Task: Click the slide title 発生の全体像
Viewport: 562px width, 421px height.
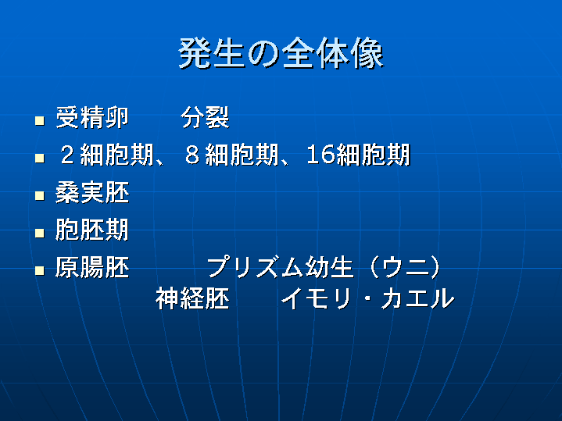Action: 281,54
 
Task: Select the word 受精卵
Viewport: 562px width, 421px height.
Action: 92,117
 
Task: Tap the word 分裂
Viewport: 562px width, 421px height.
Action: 205,117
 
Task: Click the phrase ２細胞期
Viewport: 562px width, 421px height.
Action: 107,155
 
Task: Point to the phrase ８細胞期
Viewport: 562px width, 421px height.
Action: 232,155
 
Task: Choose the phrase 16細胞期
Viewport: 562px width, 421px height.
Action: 359,155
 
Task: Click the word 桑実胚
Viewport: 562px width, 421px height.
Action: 92,193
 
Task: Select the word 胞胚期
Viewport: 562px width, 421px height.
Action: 92,230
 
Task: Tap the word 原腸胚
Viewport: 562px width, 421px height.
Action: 92,267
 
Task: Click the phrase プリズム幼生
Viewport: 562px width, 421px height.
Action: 281,267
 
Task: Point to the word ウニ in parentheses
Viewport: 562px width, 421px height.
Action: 405,267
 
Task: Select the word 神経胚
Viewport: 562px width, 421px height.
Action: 192,298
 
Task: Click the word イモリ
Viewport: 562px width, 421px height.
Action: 316,298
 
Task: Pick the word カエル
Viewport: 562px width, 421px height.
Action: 418,298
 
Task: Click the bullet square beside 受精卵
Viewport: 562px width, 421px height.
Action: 40,121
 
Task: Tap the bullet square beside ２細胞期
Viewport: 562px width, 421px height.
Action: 40,159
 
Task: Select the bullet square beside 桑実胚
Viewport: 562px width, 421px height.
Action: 40,195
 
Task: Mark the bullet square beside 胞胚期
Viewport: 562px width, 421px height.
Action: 40,234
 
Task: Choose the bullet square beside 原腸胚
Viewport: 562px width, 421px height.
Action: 40,270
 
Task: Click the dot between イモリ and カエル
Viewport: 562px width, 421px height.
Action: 366,299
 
